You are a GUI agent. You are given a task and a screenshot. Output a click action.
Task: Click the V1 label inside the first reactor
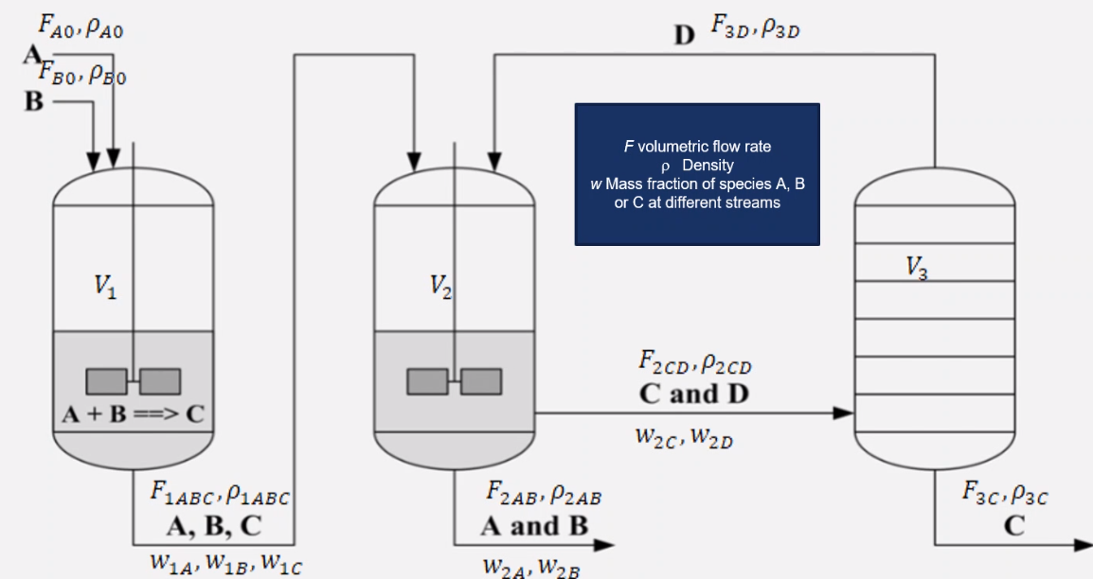(x=107, y=289)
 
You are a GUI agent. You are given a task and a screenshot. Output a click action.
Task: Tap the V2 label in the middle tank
(x=441, y=289)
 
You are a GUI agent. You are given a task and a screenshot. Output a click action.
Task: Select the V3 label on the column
(x=916, y=268)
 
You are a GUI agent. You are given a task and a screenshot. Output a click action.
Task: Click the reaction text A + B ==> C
(x=132, y=417)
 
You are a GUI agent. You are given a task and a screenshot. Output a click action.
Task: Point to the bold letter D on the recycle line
(x=684, y=36)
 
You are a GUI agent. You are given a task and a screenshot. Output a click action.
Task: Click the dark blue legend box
(x=697, y=174)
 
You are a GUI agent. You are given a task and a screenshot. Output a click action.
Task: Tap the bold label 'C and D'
(x=694, y=395)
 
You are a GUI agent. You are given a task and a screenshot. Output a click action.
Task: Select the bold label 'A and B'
(x=536, y=525)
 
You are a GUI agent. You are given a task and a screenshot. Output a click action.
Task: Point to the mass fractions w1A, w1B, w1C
(x=222, y=563)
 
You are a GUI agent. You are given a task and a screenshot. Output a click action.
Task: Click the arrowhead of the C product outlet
(x=1082, y=545)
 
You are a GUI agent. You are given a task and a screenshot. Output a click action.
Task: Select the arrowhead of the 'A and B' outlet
(x=605, y=545)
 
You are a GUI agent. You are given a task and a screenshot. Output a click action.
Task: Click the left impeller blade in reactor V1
(x=107, y=379)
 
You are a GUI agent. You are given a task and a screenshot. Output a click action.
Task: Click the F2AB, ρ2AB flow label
(x=544, y=493)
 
